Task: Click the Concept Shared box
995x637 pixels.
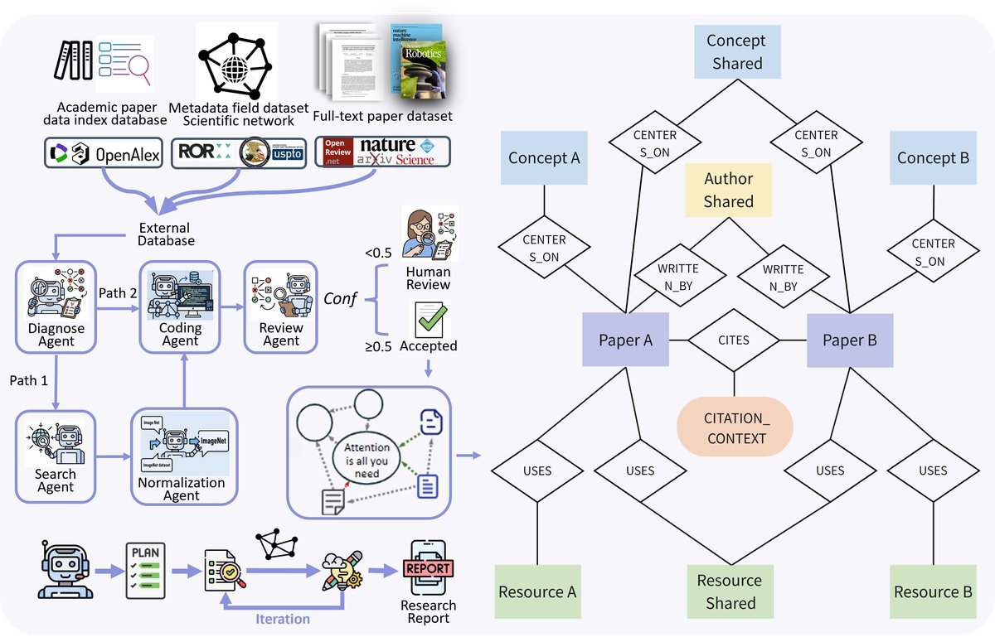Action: (736, 51)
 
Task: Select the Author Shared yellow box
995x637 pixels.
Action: (729, 190)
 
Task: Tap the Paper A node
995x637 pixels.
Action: (625, 340)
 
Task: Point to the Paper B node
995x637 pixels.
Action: (850, 340)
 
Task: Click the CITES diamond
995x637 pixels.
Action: (734, 340)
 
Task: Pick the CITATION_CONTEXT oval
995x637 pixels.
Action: (735, 426)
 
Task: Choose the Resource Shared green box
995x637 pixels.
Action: (730, 591)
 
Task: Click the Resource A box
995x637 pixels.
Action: (537, 591)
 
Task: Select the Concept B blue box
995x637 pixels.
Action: (933, 157)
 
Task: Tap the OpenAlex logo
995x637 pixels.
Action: (104, 154)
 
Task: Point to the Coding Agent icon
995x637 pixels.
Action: (180, 292)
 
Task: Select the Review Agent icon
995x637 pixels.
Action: (280, 292)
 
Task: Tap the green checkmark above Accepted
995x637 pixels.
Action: (429, 318)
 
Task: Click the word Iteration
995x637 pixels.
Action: (283, 619)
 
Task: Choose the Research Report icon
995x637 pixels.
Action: (428, 570)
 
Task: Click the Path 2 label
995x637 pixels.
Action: (118, 293)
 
